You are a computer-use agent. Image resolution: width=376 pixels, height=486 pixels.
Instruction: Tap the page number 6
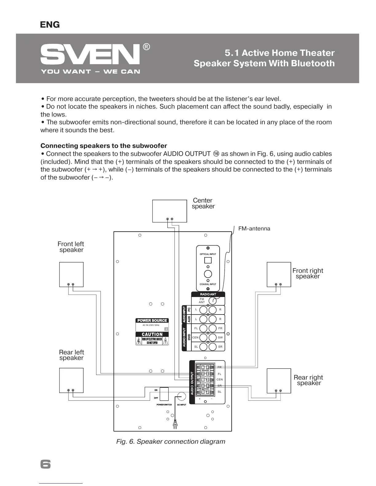click(45, 464)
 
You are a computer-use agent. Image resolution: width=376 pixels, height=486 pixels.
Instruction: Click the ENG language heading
click(50, 25)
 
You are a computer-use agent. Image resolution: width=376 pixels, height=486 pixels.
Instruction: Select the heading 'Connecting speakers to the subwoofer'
click(104, 146)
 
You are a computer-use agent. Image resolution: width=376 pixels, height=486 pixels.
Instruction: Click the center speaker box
click(170, 211)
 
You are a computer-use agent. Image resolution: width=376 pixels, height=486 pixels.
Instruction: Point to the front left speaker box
click(71, 274)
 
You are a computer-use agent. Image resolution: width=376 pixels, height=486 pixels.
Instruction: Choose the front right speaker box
click(279, 274)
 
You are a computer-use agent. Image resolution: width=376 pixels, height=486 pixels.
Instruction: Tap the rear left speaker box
click(71, 380)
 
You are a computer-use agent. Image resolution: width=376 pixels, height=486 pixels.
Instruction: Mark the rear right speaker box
click(279, 380)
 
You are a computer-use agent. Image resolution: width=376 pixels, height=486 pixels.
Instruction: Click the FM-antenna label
click(254, 229)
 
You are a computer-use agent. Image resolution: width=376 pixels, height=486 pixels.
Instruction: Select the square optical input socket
click(208, 260)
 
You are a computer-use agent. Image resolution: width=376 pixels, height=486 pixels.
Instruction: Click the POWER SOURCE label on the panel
click(152, 321)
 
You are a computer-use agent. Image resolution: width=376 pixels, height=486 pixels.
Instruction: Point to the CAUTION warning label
click(152, 334)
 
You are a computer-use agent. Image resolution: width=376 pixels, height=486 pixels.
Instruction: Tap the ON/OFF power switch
click(164, 394)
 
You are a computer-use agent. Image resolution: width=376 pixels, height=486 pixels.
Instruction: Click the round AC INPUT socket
click(182, 396)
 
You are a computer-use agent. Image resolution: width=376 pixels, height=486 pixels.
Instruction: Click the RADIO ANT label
click(208, 294)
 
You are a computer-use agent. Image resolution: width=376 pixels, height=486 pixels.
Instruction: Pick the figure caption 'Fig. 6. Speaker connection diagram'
click(170, 442)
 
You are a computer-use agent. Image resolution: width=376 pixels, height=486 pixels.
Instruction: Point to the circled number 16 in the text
click(216, 154)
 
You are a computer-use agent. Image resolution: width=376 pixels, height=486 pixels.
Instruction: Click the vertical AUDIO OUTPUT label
click(192, 383)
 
